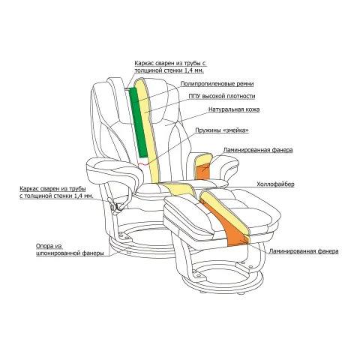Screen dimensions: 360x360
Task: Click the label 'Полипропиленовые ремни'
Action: pos(217,84)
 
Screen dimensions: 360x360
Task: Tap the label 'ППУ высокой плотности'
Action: pos(222,96)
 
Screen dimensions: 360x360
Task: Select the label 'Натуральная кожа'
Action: pos(234,109)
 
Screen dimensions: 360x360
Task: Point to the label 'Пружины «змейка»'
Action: pos(222,130)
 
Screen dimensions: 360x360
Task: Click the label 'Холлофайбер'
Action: pos(275,184)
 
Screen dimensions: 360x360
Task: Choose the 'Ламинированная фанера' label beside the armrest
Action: pos(258,150)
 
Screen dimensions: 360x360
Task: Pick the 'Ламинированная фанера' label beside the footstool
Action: pos(304,251)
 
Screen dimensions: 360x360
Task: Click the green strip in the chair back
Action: pos(138,122)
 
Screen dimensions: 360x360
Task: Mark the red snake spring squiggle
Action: pos(143,164)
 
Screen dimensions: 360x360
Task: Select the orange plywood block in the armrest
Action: pos(202,172)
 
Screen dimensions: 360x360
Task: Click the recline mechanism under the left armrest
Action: pos(117,205)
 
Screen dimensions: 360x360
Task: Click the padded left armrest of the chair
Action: pos(112,170)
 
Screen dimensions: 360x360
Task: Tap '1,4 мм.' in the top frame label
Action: pos(194,70)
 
